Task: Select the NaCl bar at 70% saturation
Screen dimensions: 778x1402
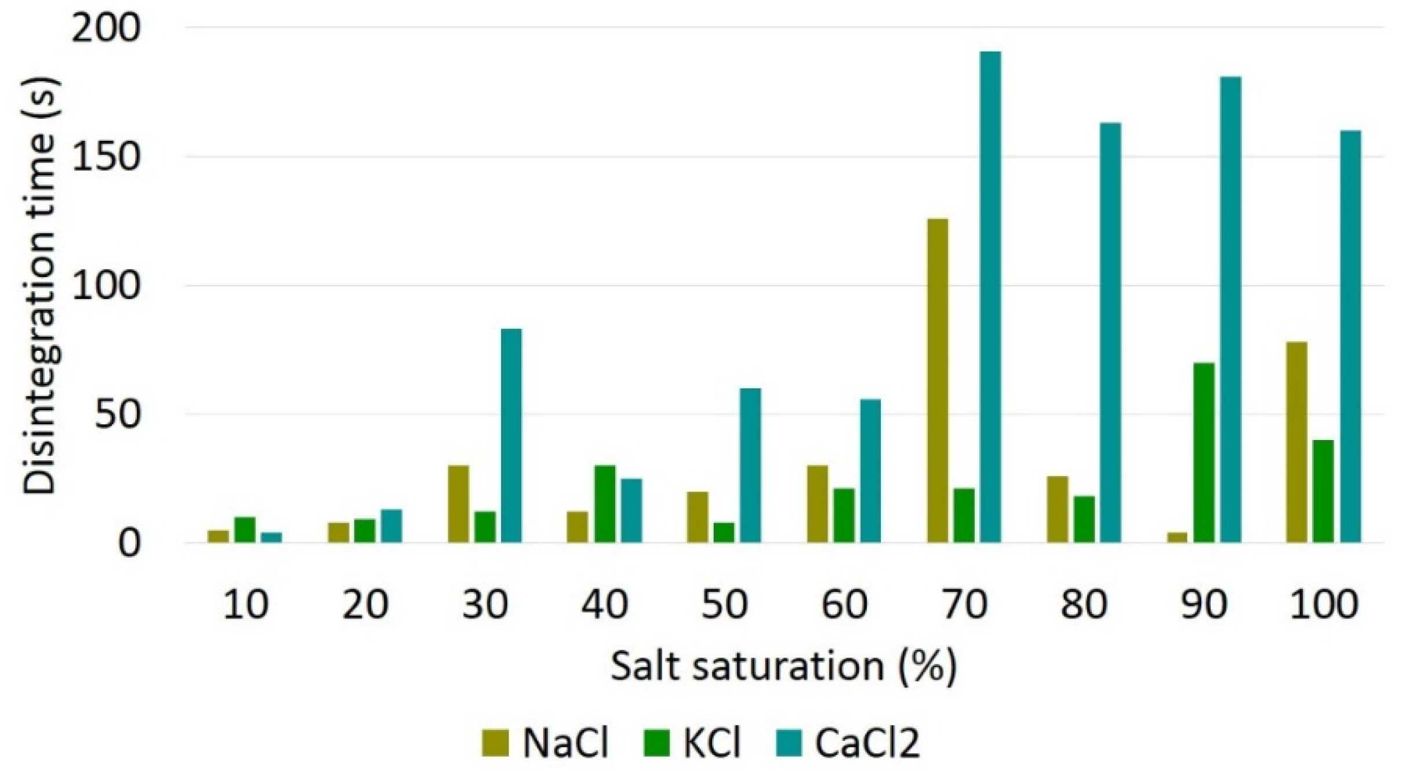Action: pos(938,380)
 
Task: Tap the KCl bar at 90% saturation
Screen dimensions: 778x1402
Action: pos(1204,453)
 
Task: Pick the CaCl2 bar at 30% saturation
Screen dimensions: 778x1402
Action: pos(511,435)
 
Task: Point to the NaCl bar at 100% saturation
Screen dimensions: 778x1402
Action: pos(1296,442)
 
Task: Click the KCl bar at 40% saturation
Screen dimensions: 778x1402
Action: pos(605,504)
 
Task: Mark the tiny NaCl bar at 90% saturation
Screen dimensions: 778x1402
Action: pos(1177,537)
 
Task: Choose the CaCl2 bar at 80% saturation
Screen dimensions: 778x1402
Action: pos(1110,333)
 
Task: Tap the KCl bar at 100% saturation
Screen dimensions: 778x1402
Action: pos(1323,492)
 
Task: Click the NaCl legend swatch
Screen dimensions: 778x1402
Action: pos(495,744)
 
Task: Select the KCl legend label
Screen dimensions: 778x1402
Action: pos(713,744)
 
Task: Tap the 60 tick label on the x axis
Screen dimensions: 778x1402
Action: pos(844,605)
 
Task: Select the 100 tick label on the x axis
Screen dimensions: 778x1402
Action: pos(1323,605)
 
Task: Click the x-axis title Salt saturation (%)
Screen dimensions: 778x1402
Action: pos(783,667)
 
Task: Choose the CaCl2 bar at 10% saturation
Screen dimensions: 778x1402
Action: pos(271,537)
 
